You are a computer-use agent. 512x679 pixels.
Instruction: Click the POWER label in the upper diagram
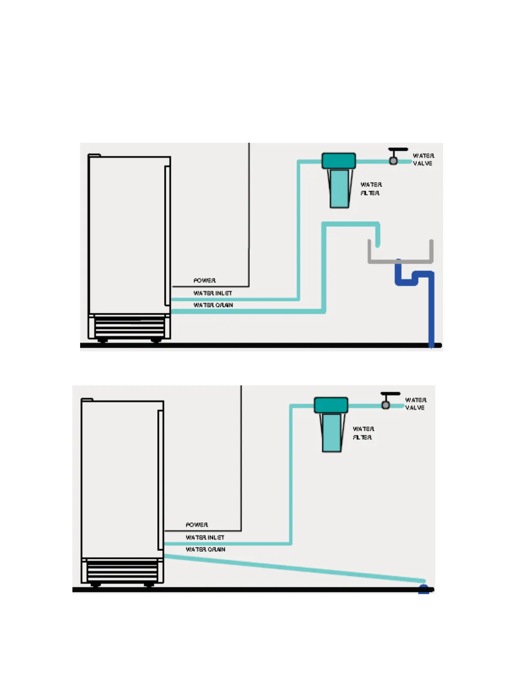pyautogui.click(x=204, y=280)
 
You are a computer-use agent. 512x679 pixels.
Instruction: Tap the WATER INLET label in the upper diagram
pyautogui.click(x=213, y=293)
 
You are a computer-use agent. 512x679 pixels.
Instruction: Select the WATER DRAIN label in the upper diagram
pyautogui.click(x=213, y=305)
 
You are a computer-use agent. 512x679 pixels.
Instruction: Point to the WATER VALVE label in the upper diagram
pyautogui.click(x=423, y=159)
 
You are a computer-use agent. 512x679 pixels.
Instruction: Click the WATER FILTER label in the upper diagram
pyautogui.click(x=371, y=189)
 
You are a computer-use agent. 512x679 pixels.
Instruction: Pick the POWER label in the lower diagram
pyautogui.click(x=197, y=525)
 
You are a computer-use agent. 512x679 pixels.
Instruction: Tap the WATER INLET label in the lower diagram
pyautogui.click(x=205, y=538)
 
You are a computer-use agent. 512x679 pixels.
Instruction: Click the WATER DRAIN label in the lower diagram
pyautogui.click(x=205, y=550)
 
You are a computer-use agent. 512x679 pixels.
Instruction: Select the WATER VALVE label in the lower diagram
pyautogui.click(x=415, y=404)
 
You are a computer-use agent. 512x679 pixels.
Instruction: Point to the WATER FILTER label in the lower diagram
pyautogui.click(x=363, y=433)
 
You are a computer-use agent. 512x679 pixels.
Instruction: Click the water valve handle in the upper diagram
pyautogui.click(x=398, y=150)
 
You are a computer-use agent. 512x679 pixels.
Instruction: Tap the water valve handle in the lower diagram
pyautogui.click(x=390, y=394)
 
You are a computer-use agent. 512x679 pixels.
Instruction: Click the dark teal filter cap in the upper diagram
pyautogui.click(x=338, y=161)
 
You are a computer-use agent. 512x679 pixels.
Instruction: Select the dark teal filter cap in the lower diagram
pyautogui.click(x=331, y=405)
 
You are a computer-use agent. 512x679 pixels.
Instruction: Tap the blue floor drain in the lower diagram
pyautogui.click(x=423, y=589)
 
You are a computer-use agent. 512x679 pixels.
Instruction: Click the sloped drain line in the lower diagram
pyautogui.click(x=296, y=569)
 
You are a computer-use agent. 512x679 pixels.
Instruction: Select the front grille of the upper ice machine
pyautogui.click(x=129, y=327)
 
